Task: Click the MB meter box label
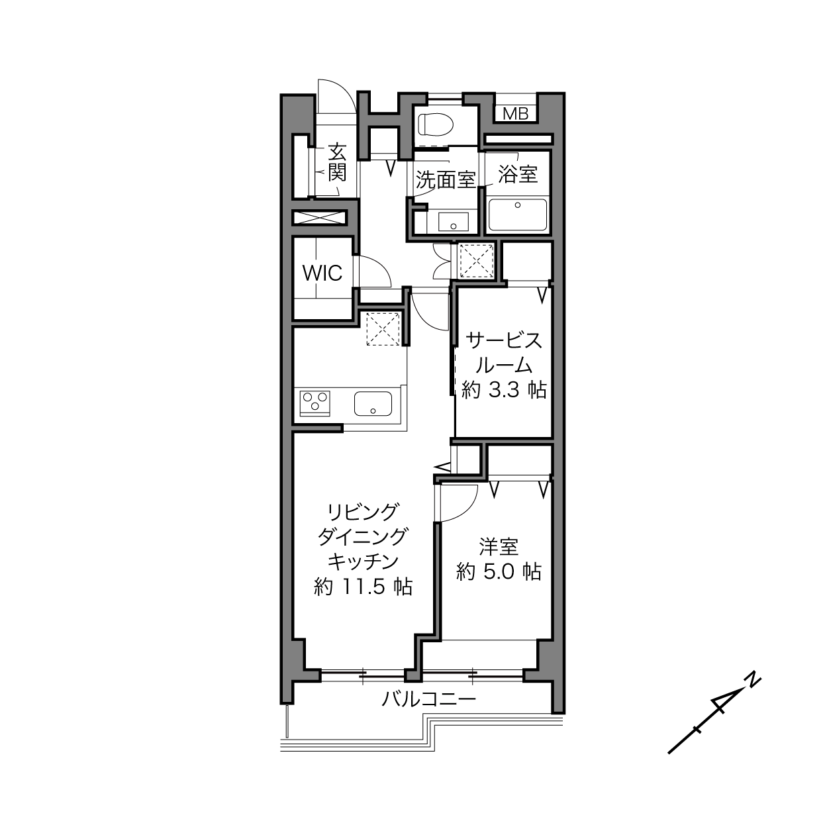pyautogui.click(x=515, y=114)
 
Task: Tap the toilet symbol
pyautogui.click(x=436, y=124)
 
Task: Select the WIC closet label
pyautogui.click(x=322, y=273)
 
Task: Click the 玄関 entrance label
pyautogui.click(x=337, y=163)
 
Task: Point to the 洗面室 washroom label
pyautogui.click(x=445, y=180)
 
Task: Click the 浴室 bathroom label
pyautogui.click(x=518, y=173)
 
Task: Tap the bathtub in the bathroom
pyautogui.click(x=518, y=215)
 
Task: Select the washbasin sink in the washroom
pyautogui.click(x=453, y=222)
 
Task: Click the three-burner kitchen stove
pyautogui.click(x=315, y=403)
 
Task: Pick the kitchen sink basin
pyautogui.click(x=373, y=403)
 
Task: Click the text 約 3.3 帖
pyautogui.click(x=504, y=390)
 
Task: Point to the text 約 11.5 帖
pyautogui.click(x=363, y=587)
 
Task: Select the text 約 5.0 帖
pyautogui.click(x=499, y=571)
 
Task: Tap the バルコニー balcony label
pyautogui.click(x=429, y=699)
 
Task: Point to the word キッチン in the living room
pyautogui.click(x=363, y=561)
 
